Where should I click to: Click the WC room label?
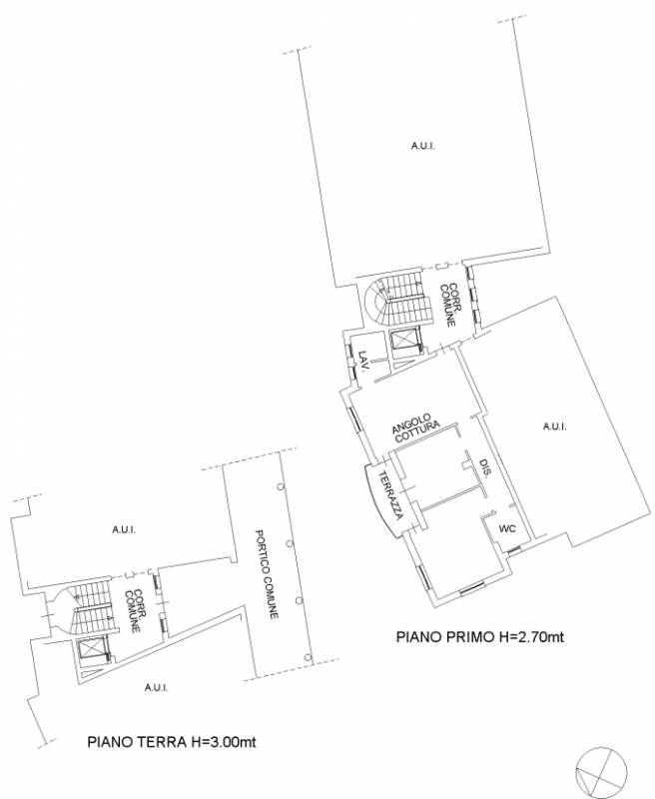506,529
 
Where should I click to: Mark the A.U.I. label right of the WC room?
554,427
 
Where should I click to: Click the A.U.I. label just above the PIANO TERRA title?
155,687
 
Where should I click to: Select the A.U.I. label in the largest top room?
422,147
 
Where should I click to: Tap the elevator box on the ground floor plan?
87,651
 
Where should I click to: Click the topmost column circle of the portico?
282,485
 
